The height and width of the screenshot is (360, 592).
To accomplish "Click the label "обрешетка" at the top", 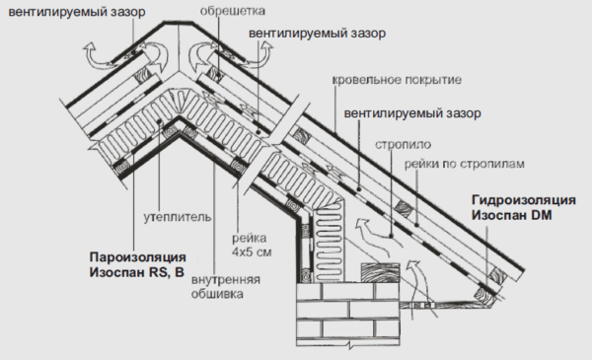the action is coord(232,11).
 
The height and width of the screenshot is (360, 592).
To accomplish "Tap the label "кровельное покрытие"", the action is coord(397,80).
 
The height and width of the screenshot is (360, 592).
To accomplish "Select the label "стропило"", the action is coord(403,145).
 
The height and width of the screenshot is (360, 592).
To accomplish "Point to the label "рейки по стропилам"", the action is coord(465,164).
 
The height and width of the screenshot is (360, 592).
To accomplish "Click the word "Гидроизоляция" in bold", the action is coord(524,200).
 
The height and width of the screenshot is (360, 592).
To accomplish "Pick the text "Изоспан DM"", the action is coord(511,215).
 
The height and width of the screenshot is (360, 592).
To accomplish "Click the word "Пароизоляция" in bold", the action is coord(138,257).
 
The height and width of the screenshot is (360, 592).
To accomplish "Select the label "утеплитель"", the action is coord(177,217).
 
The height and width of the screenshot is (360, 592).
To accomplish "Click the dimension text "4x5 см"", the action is coord(252,252).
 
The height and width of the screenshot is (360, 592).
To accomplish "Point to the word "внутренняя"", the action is coord(225,280).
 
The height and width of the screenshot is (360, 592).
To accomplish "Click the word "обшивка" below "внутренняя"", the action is coord(217,294).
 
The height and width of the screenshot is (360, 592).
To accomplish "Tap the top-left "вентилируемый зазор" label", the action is coord(77,12).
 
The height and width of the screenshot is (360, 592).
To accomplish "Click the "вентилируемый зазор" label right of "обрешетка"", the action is coord(317,34).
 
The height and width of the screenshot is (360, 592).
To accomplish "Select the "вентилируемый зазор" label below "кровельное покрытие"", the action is coord(412,113).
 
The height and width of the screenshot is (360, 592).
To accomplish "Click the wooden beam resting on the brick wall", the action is coord(380,272).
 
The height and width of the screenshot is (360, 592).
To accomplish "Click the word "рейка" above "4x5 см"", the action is coord(250,238).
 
